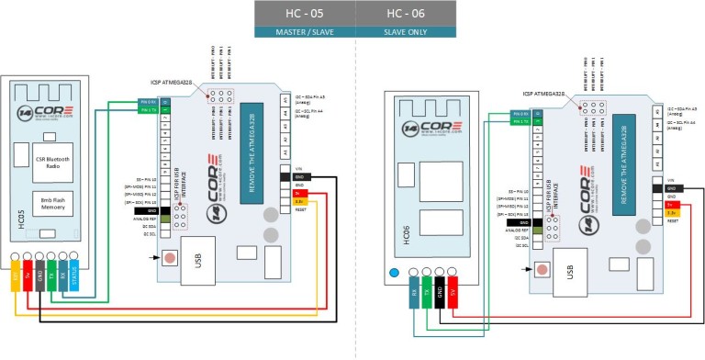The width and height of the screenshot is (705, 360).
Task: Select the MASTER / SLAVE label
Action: (x=304, y=33)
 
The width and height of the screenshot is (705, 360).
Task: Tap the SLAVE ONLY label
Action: (x=405, y=33)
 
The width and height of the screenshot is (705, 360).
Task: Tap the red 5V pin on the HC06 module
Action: (x=453, y=296)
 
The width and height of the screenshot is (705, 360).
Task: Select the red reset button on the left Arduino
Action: (x=170, y=256)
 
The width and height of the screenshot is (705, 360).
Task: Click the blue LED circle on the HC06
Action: (x=394, y=273)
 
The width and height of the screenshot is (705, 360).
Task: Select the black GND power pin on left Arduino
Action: (x=299, y=177)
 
